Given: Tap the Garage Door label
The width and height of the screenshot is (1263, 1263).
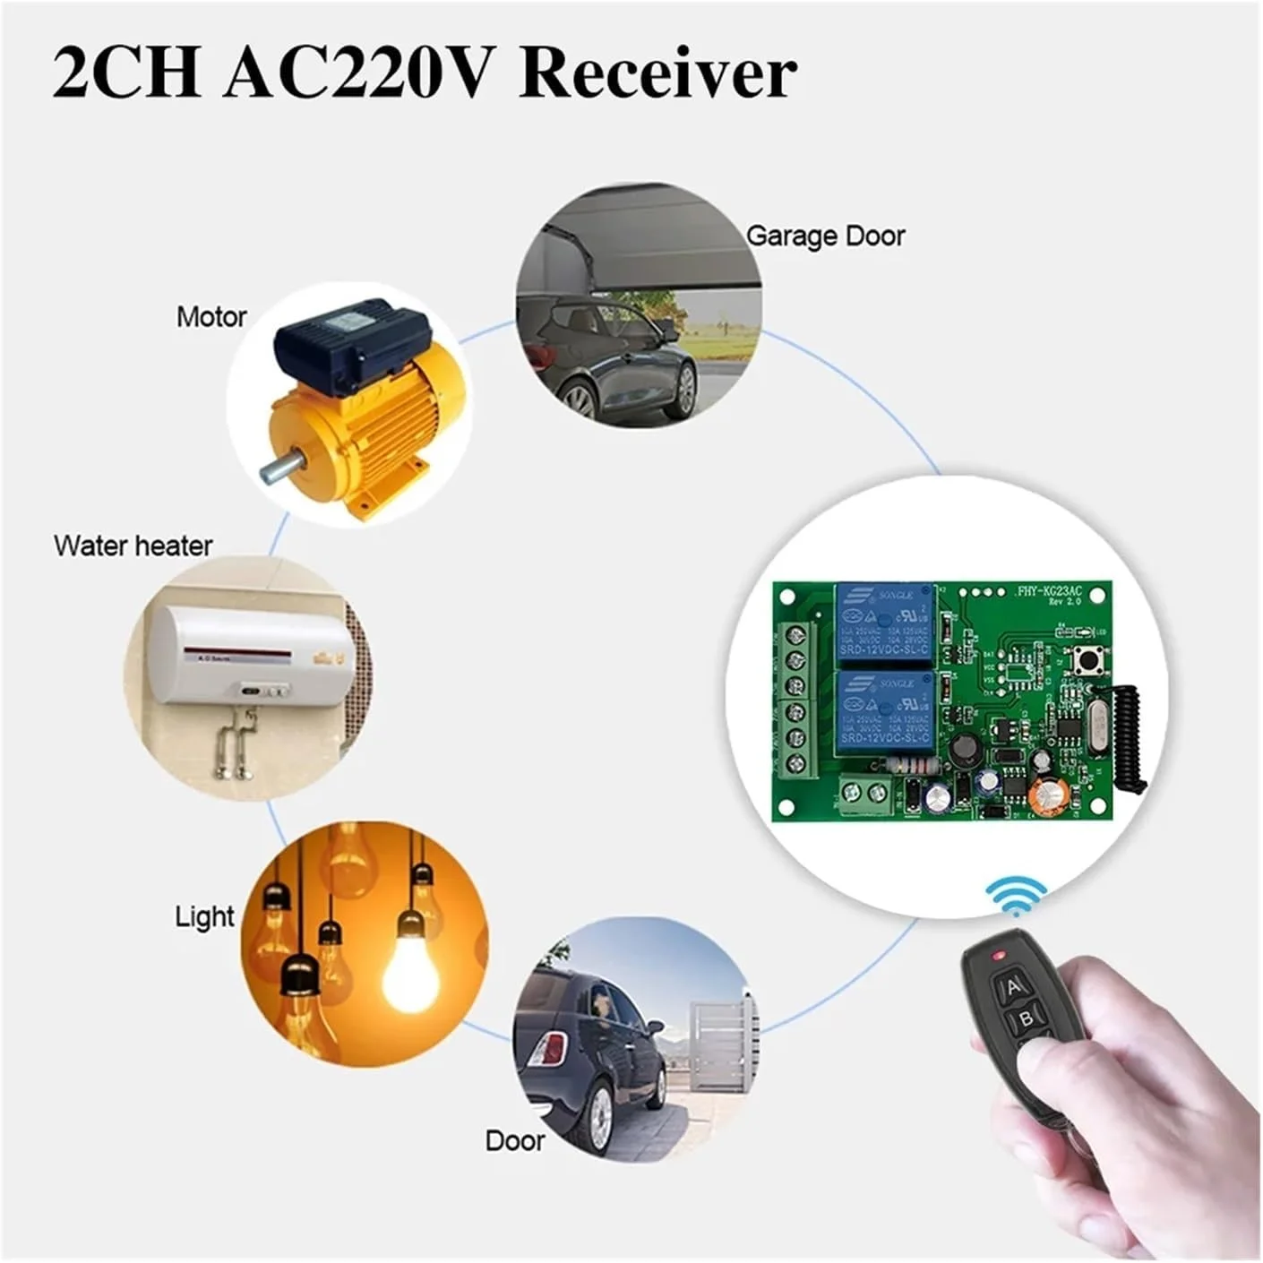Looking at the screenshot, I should coord(825,236).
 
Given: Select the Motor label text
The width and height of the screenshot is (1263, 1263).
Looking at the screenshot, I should coord(211,317).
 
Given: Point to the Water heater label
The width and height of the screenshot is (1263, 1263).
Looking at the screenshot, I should coord(133,546).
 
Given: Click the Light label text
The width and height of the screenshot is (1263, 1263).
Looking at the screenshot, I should coord(204,916).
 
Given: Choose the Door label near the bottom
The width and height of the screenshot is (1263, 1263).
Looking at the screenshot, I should coord(514,1140).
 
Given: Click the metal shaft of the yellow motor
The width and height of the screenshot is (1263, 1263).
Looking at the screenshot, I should coord(279,469).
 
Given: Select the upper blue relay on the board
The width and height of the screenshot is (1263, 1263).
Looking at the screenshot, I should coord(884,623).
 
